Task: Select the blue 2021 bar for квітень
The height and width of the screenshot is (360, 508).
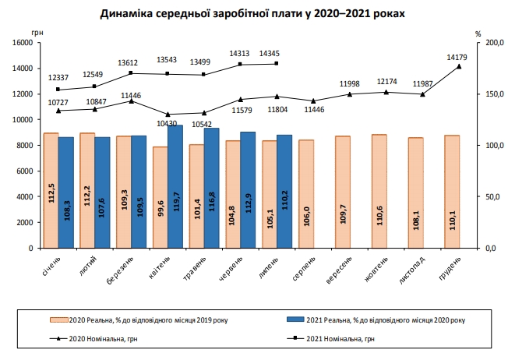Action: (x=175, y=187)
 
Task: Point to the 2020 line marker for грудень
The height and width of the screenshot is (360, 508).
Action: (x=459, y=67)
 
